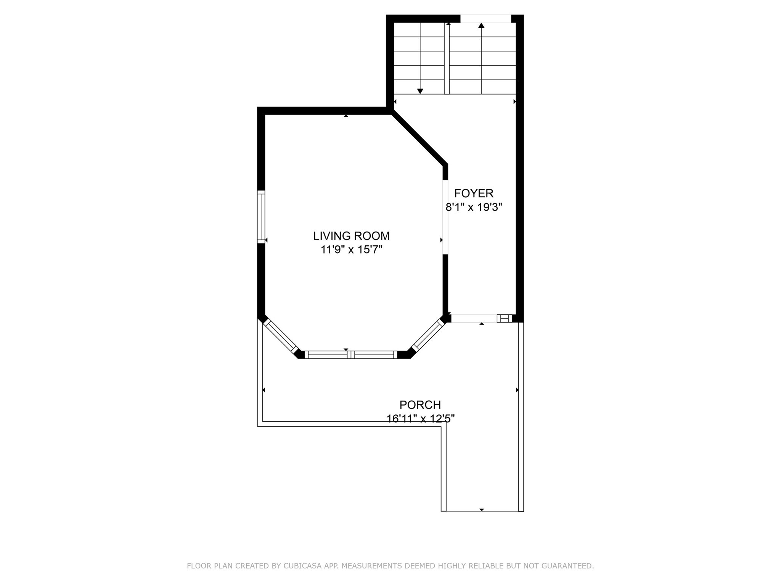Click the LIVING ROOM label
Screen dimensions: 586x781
[351, 236]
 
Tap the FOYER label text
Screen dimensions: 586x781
[474, 193]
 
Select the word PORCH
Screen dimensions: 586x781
[420, 404]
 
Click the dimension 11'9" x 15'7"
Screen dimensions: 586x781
[351, 250]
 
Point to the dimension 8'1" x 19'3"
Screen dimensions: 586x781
[474, 207]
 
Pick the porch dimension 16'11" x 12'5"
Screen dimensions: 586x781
[420, 419]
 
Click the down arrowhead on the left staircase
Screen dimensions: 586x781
[420, 91]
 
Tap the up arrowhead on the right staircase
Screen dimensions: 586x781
[481, 26]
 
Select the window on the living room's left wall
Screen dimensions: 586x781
[261, 217]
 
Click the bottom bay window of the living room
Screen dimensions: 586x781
[351, 355]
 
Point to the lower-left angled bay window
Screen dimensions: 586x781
[281, 336]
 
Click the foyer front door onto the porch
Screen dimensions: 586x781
[474, 318]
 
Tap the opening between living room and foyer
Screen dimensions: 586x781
[445, 217]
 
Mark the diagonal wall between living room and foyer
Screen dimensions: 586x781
[418, 138]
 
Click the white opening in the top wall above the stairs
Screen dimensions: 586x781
[485, 18]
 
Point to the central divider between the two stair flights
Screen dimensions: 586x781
[447, 58]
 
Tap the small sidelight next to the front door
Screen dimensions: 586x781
[504, 318]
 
